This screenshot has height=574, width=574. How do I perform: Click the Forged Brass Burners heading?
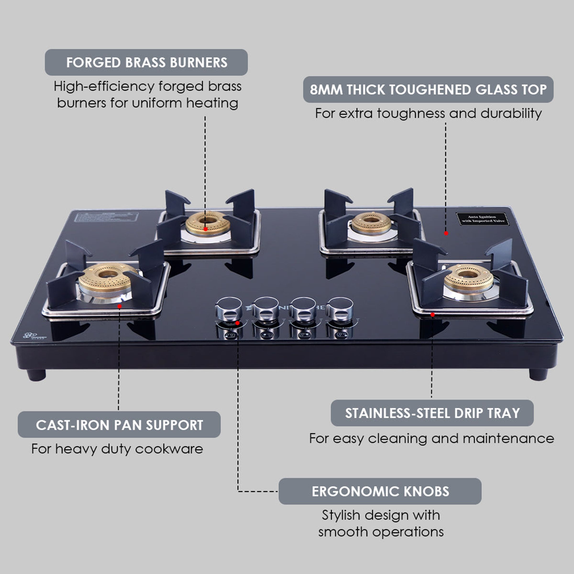point(146,62)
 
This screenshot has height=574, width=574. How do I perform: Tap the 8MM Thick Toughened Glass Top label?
point(428,89)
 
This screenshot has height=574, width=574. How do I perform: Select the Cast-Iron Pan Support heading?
point(119,425)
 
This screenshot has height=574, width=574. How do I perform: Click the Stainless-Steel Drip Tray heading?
point(432,413)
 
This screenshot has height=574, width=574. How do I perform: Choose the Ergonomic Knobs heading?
point(380,491)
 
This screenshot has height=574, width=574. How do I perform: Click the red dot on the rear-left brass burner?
point(206,229)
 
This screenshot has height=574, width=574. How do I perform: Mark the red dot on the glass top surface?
point(446,233)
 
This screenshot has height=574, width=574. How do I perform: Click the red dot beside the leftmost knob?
point(237,323)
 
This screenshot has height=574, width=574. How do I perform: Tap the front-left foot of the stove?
point(36,375)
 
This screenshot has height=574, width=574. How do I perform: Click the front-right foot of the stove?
point(538,374)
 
